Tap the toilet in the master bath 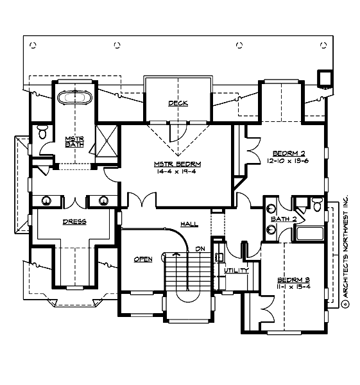42,133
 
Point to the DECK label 178,103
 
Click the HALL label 189,224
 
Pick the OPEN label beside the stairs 142,259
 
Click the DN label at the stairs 200,248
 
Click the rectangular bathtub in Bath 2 309,234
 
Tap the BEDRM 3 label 293,280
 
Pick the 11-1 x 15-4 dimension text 293,288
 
